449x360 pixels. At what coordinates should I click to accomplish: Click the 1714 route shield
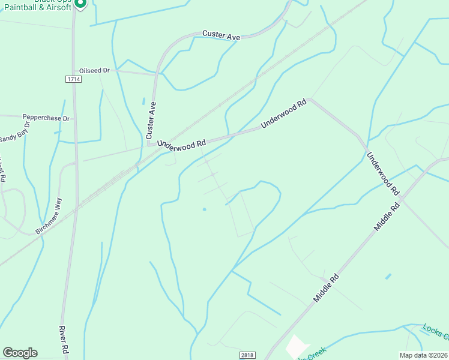[74, 79]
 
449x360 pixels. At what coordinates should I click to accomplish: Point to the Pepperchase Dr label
[46, 118]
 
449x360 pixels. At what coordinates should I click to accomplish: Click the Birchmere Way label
[49, 216]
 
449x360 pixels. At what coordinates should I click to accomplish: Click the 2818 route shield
[247, 355]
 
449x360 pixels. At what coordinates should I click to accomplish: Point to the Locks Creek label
[435, 333]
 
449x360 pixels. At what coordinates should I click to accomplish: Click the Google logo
[20, 353]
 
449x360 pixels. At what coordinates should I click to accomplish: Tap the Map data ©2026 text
[423, 355]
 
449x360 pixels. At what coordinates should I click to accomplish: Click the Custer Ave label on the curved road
[221, 36]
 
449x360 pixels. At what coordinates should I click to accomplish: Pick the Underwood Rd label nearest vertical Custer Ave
[182, 143]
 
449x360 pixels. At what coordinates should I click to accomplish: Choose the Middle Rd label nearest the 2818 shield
[327, 288]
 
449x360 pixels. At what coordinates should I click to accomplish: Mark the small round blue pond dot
[204, 209]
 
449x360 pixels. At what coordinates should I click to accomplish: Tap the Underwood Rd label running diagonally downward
[382, 173]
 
